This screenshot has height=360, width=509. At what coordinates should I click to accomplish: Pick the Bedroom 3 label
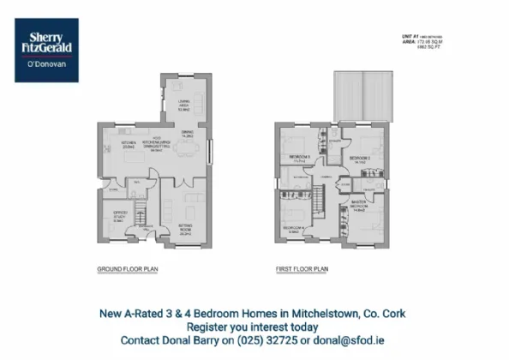click(x=297, y=157)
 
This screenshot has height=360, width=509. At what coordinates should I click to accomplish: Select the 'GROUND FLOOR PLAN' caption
click(x=126, y=268)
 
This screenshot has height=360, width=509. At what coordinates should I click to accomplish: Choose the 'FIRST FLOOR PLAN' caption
click(x=302, y=268)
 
